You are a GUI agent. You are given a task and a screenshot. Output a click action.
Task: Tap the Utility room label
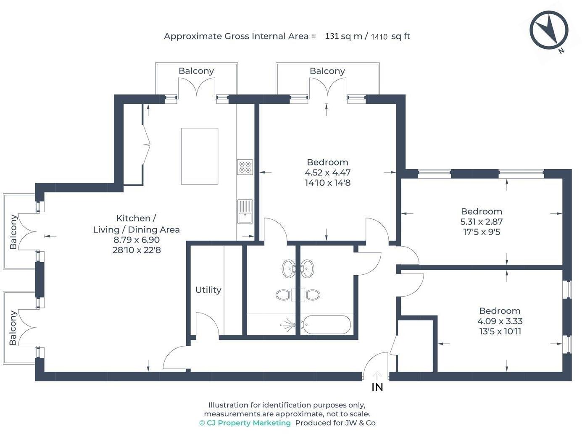[208, 290]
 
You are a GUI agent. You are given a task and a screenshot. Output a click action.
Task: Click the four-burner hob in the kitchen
[245, 167]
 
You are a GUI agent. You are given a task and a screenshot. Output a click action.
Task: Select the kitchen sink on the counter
[245, 211]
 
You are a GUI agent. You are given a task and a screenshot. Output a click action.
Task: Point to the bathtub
[327, 324]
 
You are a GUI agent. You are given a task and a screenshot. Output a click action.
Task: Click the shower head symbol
[288, 324]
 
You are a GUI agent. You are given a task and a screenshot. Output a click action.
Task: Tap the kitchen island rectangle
[200, 156]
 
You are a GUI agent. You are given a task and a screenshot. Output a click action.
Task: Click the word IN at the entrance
[377, 387]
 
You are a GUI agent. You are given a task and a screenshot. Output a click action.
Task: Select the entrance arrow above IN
[377, 376]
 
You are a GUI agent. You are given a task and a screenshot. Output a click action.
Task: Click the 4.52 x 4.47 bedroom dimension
[327, 172]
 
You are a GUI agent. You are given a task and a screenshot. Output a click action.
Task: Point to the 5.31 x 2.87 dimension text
[482, 222]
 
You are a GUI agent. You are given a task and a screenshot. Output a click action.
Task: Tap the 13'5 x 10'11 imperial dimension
[500, 331]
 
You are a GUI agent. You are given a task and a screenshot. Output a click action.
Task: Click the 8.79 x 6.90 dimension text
[137, 239]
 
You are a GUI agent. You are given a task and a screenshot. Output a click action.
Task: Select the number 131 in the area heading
[332, 36]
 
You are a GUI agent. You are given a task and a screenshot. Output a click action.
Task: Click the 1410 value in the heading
[379, 37]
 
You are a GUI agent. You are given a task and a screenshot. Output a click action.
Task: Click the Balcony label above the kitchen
[196, 71]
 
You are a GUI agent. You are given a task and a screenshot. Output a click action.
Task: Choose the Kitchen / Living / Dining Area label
[136, 224]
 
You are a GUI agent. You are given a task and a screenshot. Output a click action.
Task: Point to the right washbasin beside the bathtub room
[307, 268]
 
